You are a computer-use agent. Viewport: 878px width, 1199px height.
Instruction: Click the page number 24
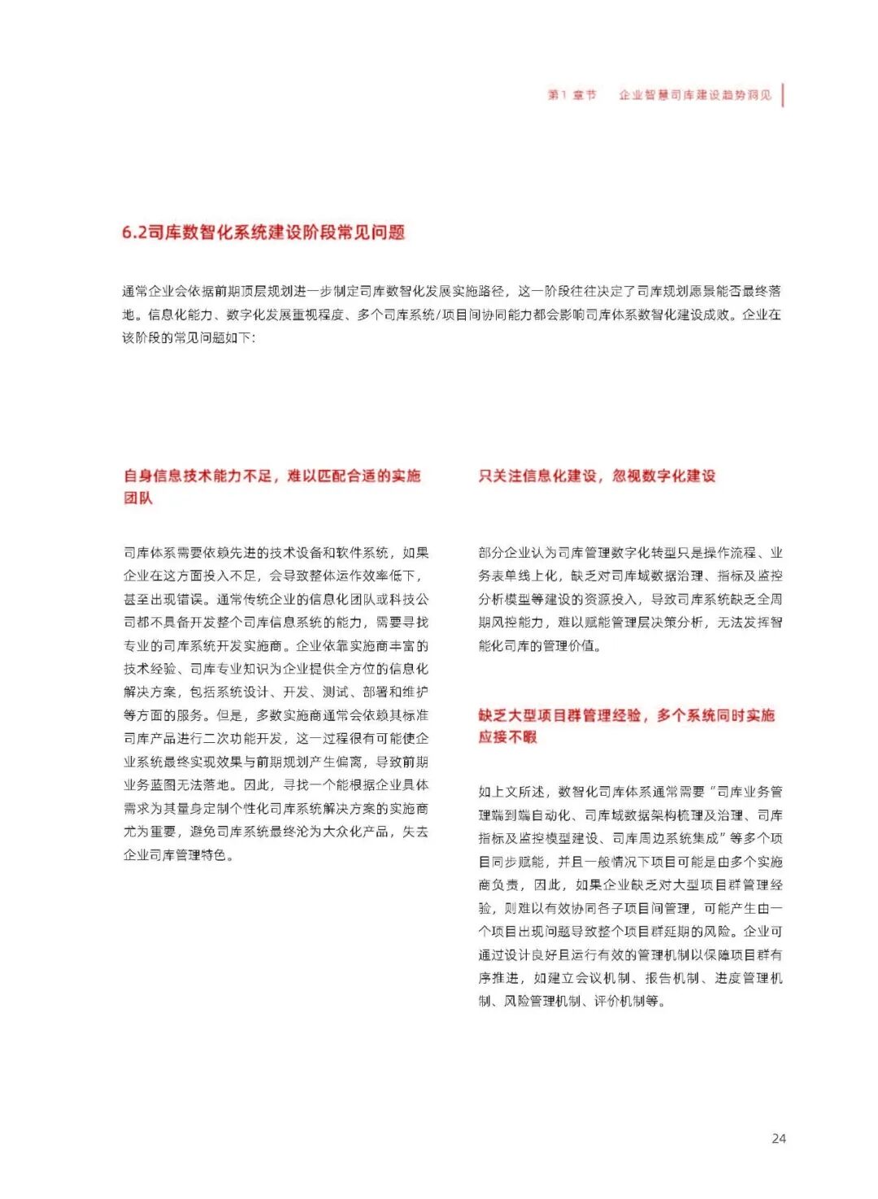778,1138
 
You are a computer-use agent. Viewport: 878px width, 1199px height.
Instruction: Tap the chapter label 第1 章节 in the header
572,95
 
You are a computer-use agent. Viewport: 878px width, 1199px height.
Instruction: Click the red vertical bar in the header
783,94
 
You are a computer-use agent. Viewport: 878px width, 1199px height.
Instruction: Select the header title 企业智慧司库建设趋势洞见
695,95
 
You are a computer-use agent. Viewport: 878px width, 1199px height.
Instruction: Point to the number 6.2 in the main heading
134,232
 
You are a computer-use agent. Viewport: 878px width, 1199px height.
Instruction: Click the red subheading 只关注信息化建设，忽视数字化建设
597,476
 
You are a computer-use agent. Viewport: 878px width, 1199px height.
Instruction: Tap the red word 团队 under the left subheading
138,497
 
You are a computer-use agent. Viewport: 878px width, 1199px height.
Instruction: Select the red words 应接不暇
507,737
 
